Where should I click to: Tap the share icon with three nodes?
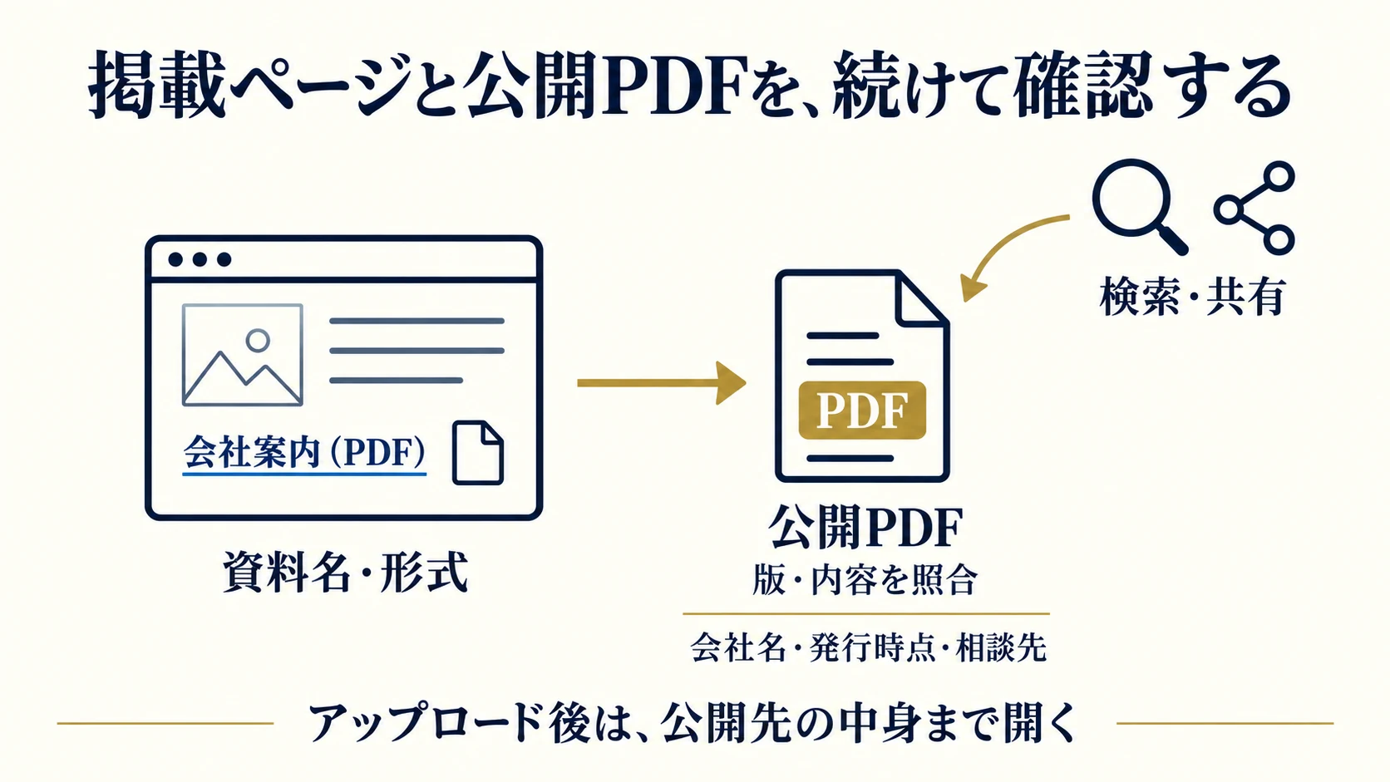pyautogui.click(x=1254, y=209)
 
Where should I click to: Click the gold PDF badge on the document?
pyautogui.click(x=862, y=410)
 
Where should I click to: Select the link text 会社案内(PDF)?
pyautogui.click(x=304, y=453)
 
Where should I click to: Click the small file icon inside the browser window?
pyautogui.click(x=478, y=453)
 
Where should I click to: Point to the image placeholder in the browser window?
pyautogui.click(x=243, y=355)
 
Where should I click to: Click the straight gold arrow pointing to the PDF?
pyautogui.click(x=662, y=383)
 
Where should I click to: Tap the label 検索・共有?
pyautogui.click(x=1192, y=297)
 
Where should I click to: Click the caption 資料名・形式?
pyautogui.click(x=345, y=572)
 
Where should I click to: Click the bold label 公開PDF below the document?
pyautogui.click(x=865, y=527)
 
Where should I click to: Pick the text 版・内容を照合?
pyautogui.click(x=865, y=580)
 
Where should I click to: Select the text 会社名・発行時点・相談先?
pyautogui.click(x=868, y=647)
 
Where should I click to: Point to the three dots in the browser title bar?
pyautogui.click(x=200, y=259)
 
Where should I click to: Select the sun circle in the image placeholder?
pyautogui.click(x=258, y=341)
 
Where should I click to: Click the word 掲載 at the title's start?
pyautogui.click(x=156, y=85)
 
